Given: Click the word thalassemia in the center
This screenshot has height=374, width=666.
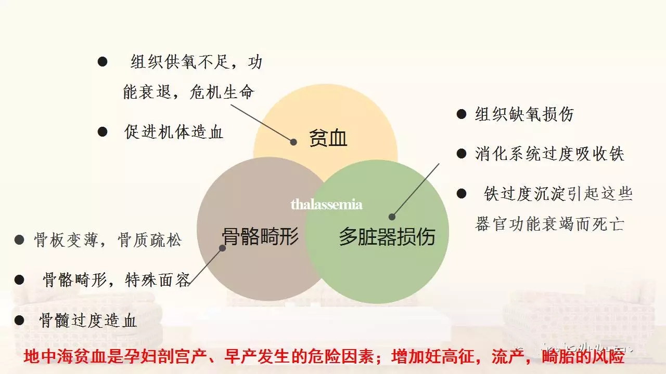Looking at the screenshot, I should click(x=326, y=204).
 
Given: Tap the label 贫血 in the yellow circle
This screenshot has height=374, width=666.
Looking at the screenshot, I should click(x=328, y=139).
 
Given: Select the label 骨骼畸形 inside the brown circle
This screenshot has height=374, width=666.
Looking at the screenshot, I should click(x=260, y=237).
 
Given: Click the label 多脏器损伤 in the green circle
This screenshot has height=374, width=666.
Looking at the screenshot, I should click(x=387, y=237).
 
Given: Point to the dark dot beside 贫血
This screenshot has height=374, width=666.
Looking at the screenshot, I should click(x=293, y=142).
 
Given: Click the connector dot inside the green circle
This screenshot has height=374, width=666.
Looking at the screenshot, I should click(x=392, y=217).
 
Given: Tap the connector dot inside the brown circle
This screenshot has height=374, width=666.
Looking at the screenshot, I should click(x=223, y=248).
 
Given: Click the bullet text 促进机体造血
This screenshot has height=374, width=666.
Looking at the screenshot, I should click(x=174, y=132).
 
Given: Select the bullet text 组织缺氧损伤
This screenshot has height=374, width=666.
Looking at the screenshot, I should click(x=524, y=114).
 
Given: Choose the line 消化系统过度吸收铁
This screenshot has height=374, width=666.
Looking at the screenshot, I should click(x=549, y=154).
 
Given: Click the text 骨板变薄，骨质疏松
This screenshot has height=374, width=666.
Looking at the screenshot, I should click(x=108, y=240).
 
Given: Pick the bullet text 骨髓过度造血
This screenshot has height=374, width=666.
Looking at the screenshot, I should click(x=88, y=320).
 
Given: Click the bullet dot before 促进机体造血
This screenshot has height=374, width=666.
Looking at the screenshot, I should click(x=103, y=132).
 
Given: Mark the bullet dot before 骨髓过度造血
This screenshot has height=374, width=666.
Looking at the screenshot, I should click(x=19, y=320).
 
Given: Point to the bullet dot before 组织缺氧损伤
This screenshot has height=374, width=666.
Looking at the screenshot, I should click(x=461, y=114).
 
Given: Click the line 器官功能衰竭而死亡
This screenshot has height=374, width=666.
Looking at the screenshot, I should click(x=549, y=224).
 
